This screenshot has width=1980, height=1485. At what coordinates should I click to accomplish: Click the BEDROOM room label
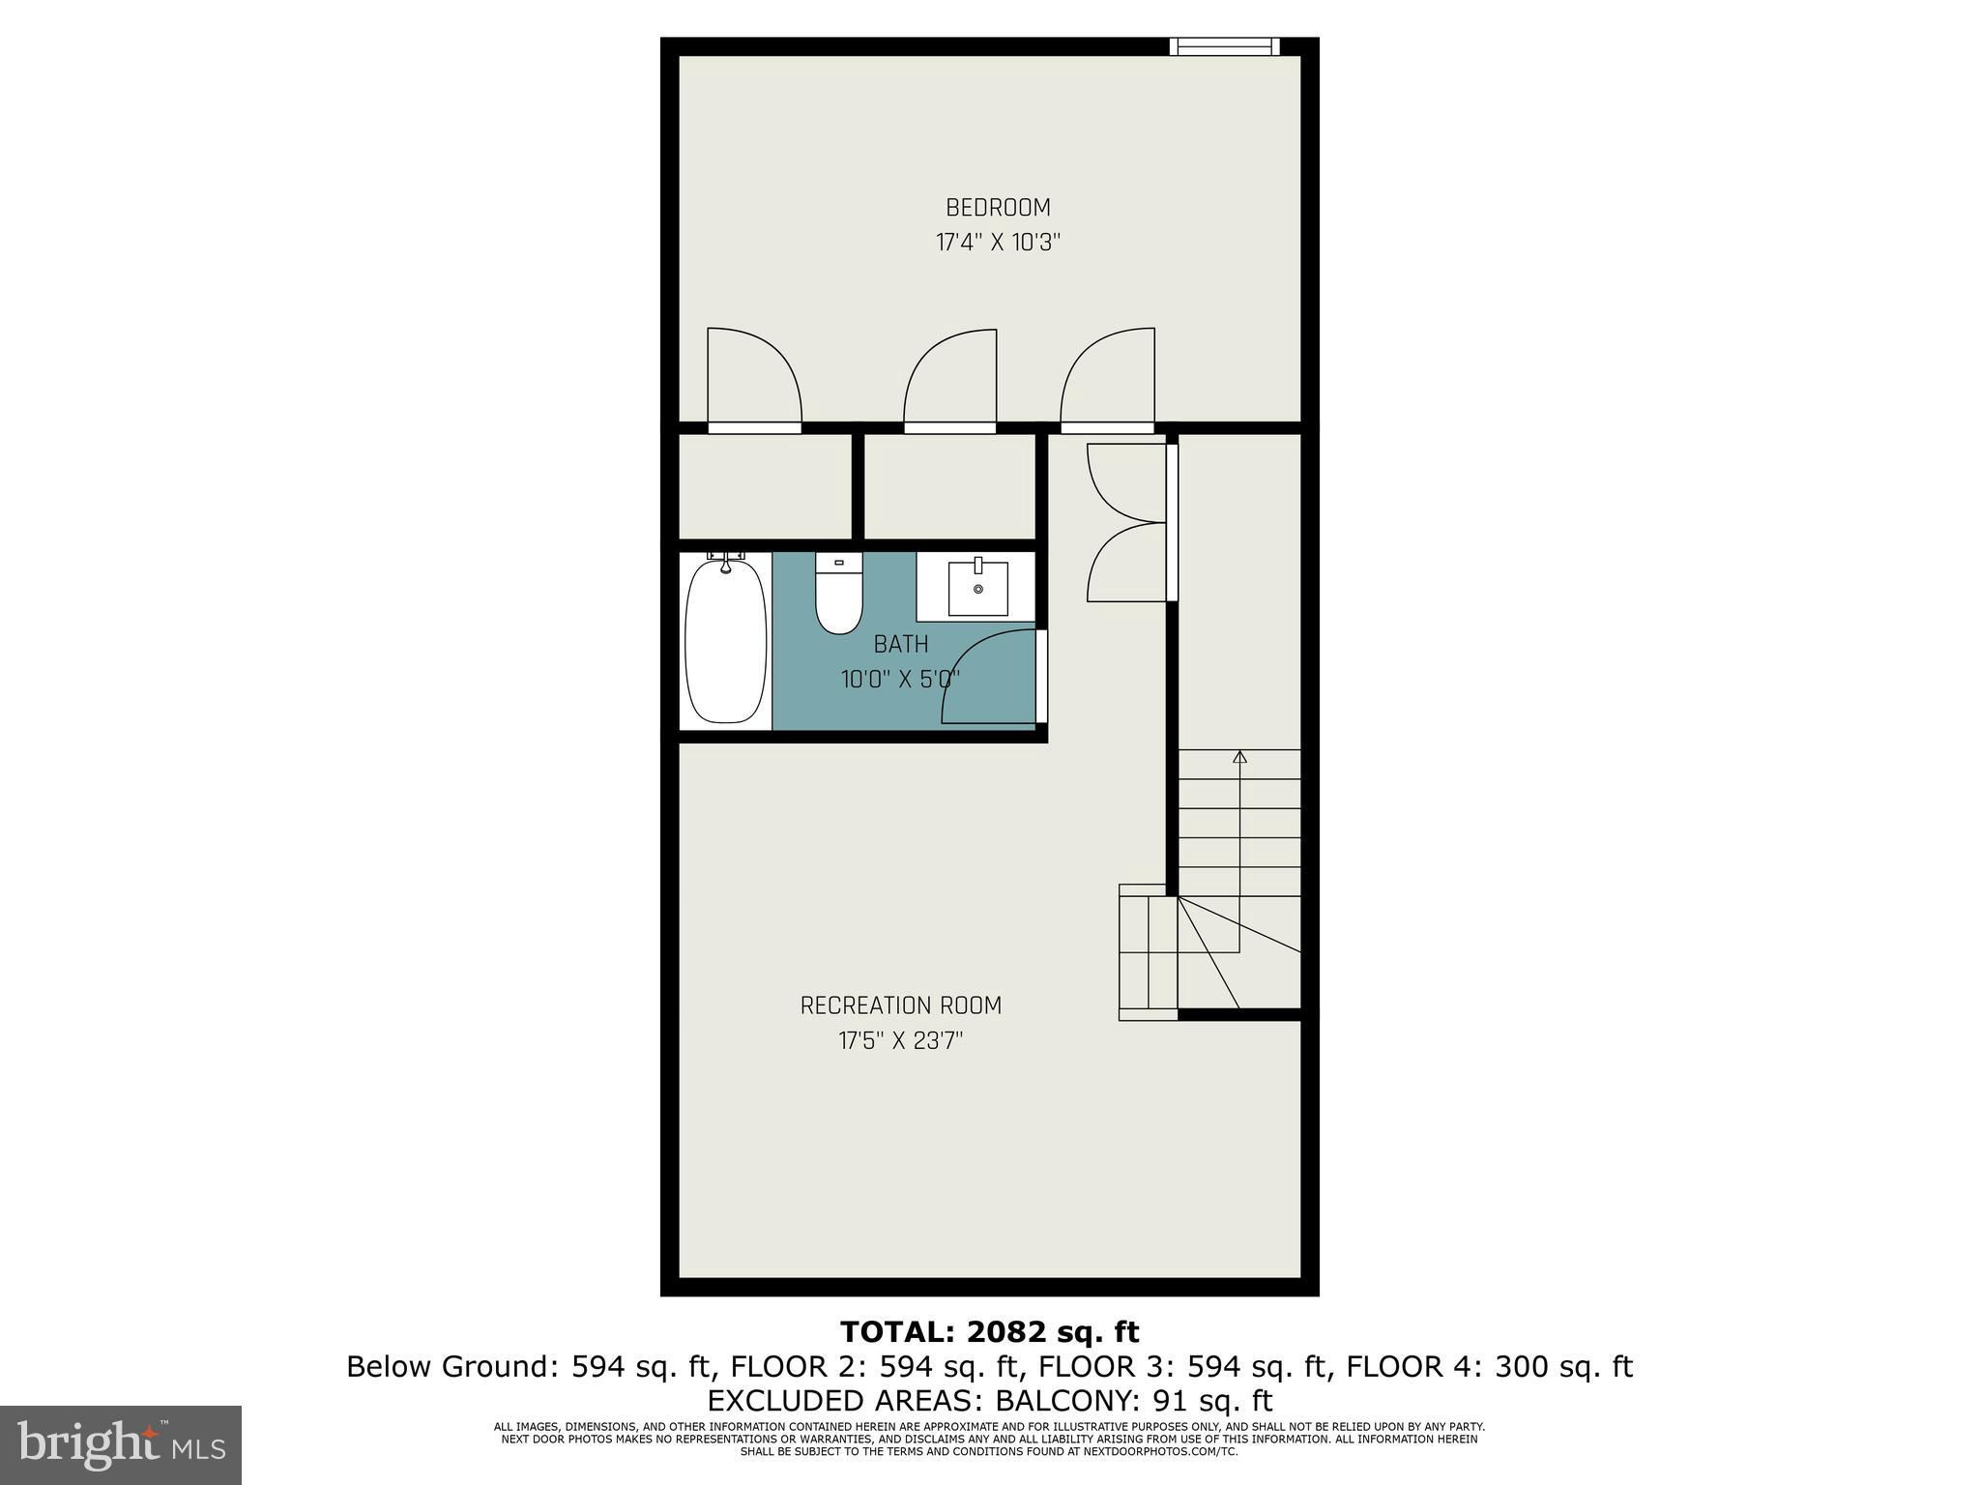tap(998, 208)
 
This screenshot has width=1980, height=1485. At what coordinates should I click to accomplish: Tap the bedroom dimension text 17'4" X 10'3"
tap(998, 243)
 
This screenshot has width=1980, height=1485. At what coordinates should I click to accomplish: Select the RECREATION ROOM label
tap(901, 1005)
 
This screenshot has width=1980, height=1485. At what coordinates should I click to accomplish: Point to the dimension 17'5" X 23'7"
tap(901, 1041)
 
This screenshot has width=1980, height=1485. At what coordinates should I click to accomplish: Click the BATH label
tap(901, 644)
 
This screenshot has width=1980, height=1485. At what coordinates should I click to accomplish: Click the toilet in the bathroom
tap(838, 593)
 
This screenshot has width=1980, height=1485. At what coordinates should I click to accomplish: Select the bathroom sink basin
tap(977, 587)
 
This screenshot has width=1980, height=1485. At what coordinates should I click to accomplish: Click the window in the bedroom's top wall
tap(1224, 46)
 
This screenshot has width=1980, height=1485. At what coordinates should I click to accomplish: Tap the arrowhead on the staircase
tap(1239, 756)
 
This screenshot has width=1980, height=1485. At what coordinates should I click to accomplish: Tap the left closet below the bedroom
tap(765, 486)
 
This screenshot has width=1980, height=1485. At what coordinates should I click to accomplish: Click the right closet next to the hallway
tap(949, 486)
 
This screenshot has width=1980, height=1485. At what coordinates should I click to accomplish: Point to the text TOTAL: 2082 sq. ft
tap(990, 1332)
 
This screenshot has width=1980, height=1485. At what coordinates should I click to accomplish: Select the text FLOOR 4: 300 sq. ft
tap(1490, 1366)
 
